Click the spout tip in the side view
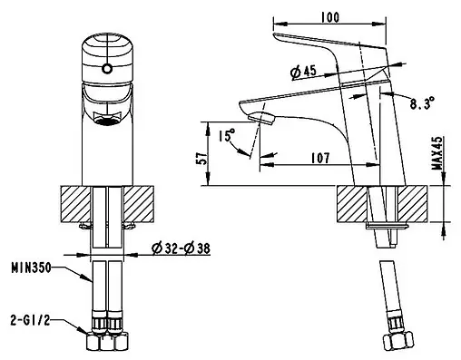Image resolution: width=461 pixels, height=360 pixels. point(259,115)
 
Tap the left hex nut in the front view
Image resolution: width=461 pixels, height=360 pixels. point(97,343)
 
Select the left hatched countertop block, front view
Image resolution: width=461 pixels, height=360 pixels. point(75,203)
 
